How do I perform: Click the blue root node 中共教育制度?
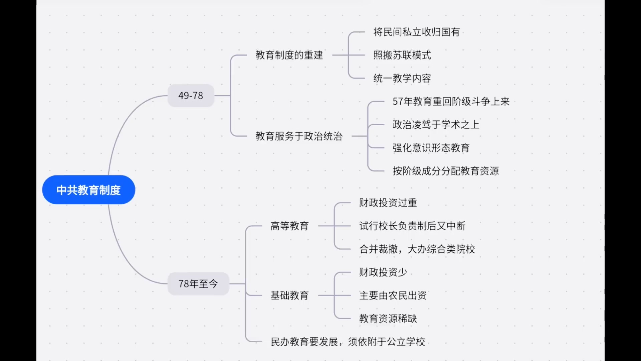pyautogui.click(x=88, y=190)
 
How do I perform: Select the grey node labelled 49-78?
pyautogui.click(x=191, y=96)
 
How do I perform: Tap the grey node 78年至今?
pyautogui.click(x=198, y=284)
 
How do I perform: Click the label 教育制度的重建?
pyautogui.click(x=289, y=55)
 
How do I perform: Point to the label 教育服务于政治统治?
pyautogui.click(x=299, y=136)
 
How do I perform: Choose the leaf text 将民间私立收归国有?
pyautogui.click(x=416, y=32)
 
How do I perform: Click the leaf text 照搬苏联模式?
pyautogui.click(x=402, y=55)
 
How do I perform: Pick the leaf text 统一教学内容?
pyautogui.click(x=402, y=78)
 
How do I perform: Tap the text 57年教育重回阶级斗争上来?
pyautogui.click(x=451, y=101)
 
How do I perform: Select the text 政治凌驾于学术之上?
pyautogui.click(x=436, y=125)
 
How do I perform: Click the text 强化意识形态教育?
pyautogui.click(x=431, y=148)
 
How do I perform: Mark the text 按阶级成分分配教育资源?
pyautogui.click(x=445, y=171)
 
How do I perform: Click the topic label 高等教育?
pyautogui.click(x=289, y=226)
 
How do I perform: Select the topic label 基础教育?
pyautogui.click(x=289, y=295)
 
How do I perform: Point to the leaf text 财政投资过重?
pyautogui.click(x=388, y=203)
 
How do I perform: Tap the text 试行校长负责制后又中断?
pyautogui.click(x=412, y=226)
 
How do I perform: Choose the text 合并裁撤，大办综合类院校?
pyautogui.click(x=417, y=249)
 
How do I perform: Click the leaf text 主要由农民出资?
pyautogui.click(x=393, y=295)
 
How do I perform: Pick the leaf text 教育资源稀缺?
pyautogui.click(x=388, y=319)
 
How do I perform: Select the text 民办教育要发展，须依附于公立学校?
pyautogui.click(x=348, y=342)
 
